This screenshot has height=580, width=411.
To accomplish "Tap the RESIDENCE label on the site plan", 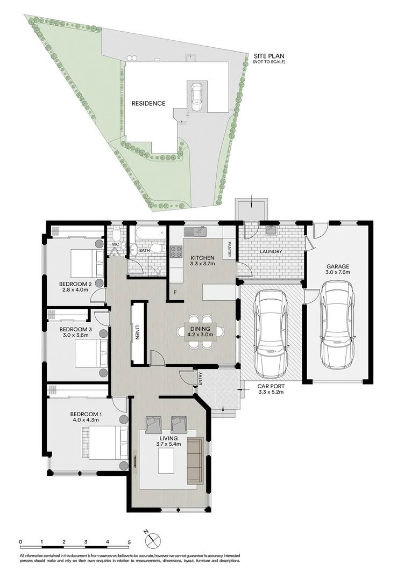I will [148, 104].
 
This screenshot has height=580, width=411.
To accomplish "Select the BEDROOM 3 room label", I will [73, 329].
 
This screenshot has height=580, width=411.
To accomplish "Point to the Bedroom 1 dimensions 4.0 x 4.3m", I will [86, 421].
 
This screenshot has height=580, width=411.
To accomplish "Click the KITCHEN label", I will [202, 257].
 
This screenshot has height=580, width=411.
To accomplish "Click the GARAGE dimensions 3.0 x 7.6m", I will [338, 273].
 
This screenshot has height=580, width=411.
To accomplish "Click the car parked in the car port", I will [271, 333].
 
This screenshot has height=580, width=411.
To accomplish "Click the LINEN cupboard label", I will [138, 333].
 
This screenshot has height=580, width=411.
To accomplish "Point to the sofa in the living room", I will [194, 460].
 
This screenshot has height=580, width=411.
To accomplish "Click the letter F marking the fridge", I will [175, 292].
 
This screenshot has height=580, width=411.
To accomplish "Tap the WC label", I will [115, 244].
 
